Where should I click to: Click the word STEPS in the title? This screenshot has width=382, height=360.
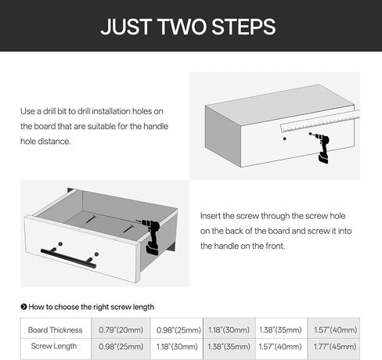243,27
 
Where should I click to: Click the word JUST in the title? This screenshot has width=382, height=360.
126,27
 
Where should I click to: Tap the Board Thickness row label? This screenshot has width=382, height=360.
55,330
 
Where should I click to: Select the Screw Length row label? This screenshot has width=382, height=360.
54,346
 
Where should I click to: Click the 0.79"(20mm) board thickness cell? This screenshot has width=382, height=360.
121,330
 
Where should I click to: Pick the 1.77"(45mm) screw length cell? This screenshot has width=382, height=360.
335,347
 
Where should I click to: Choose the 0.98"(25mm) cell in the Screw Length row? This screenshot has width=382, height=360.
121,347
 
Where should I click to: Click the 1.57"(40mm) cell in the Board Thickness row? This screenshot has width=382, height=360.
335,330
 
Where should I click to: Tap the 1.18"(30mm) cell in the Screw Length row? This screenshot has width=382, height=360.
177,347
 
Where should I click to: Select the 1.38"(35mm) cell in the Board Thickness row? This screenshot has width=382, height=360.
280,330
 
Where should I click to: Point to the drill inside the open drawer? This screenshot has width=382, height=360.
150,236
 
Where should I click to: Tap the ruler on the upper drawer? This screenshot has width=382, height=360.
320,121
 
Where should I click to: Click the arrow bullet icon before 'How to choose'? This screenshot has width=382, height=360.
23,307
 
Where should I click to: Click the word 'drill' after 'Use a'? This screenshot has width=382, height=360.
49,111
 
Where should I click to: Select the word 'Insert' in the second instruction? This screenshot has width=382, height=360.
210,216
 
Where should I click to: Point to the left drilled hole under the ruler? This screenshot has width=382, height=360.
285,139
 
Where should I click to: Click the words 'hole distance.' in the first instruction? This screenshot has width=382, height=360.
45,142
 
